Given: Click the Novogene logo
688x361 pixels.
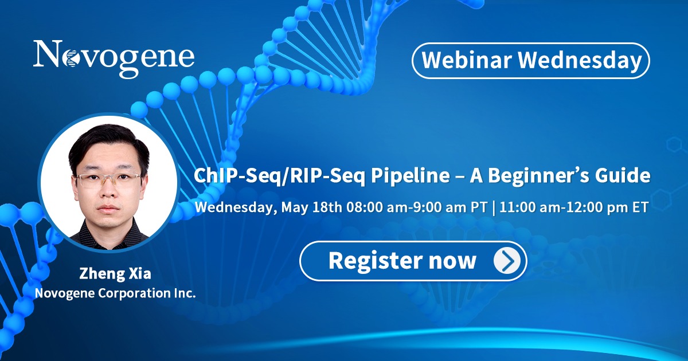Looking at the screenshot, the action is click(x=114, y=58).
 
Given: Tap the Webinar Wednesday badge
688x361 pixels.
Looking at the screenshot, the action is click(x=531, y=61).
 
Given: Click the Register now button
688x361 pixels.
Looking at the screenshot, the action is click(x=413, y=261).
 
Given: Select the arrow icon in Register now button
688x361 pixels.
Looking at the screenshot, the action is click(x=507, y=261).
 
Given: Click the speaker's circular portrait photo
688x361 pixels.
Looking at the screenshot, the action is click(x=109, y=183).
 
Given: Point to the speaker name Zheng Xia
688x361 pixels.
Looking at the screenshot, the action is click(x=115, y=273).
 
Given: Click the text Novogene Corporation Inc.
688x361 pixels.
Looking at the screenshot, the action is click(x=115, y=293).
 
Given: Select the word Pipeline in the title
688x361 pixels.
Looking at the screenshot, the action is click(x=411, y=176).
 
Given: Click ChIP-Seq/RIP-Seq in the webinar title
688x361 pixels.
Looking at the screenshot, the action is click(x=279, y=176).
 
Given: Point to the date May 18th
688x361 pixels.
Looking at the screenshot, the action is click(x=311, y=207).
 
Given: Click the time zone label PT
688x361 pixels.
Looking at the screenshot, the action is click(x=479, y=207).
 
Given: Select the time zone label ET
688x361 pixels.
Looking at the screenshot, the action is click(x=640, y=207).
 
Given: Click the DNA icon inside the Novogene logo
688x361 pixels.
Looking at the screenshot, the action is click(x=70, y=58).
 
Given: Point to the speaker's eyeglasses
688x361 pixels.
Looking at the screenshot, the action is click(x=108, y=179).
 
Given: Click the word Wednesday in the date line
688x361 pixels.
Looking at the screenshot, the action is click(x=234, y=208).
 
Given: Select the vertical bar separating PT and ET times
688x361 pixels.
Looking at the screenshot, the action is click(x=494, y=208).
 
